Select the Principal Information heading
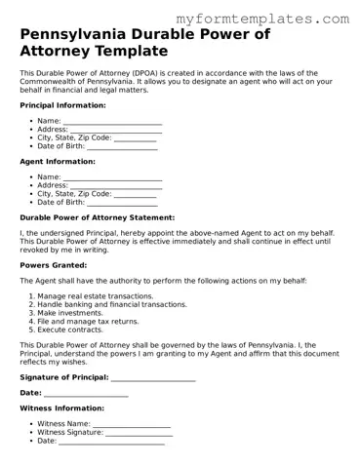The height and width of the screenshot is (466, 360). [x=63, y=104]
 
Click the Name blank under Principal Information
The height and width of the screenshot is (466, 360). [x=112, y=121]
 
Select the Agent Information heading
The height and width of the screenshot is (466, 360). [x=58, y=161]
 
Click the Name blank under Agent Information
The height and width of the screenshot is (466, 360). [x=112, y=177]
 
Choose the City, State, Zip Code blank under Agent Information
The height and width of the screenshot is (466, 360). [x=136, y=194]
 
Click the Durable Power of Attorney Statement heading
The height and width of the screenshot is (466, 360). [x=98, y=217]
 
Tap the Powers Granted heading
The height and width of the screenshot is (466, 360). [x=54, y=264]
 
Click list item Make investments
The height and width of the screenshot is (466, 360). [x=77, y=312]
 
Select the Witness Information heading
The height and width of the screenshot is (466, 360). [x=61, y=408]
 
